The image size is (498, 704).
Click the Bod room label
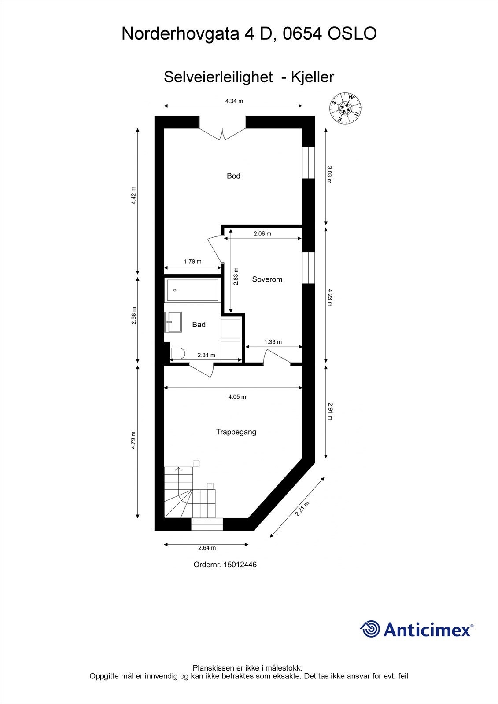pos(233,176)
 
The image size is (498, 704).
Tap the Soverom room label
pos(267,279)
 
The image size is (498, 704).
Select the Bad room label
pos(199,325)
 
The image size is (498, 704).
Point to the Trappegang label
pos(236,432)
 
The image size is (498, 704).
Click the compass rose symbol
pos(346,108)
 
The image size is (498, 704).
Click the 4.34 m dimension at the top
pos(234,101)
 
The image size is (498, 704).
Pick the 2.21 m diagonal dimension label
pos(302,509)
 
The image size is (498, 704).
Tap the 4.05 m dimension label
pos(237,397)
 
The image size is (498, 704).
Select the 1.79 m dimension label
pos(192,261)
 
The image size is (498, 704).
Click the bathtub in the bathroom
pos(192,290)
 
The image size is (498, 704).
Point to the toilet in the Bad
pos(177,353)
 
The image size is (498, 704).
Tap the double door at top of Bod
pos(222,132)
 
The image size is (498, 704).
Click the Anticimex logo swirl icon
pos(370,629)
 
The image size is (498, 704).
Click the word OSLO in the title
pos(352,34)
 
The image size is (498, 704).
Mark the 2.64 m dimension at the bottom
pos(207,548)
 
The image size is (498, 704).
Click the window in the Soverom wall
pos(309,268)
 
